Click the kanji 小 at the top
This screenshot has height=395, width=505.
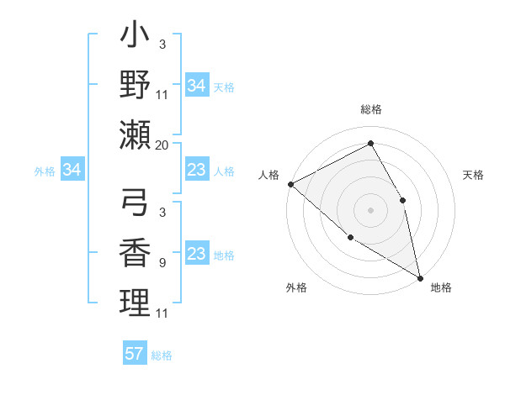pyautogui.click(x=135, y=39)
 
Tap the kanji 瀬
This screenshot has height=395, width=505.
pyautogui.click(x=135, y=134)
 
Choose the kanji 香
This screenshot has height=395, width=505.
pyautogui.click(x=135, y=253)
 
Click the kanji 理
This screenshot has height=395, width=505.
pyautogui.click(x=135, y=302)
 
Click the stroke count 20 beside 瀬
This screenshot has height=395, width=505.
pyautogui.click(x=162, y=145)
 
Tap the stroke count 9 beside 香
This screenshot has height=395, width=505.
pyautogui.click(x=162, y=263)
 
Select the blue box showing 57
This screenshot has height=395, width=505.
pyautogui.click(x=135, y=354)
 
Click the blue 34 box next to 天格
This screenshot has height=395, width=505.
pyautogui.click(x=197, y=86)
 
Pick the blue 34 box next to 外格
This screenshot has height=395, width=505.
pyautogui.click(x=72, y=171)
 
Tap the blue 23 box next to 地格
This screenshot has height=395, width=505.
pyautogui.click(x=197, y=255)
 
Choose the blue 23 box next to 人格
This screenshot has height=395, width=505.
pyautogui.click(x=197, y=171)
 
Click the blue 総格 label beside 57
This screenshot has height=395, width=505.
pyautogui.click(x=162, y=355)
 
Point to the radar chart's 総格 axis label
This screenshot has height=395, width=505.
pyautogui.click(x=370, y=109)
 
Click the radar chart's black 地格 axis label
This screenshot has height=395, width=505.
pyautogui.click(x=441, y=287)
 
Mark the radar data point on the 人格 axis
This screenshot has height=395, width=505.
pyautogui.click(x=290, y=184)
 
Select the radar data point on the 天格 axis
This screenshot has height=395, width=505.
pyautogui.click(x=403, y=200)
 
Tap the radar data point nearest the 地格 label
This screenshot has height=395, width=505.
pyautogui.click(x=419, y=276)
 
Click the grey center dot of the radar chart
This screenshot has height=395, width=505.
pyautogui.click(x=370, y=210)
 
